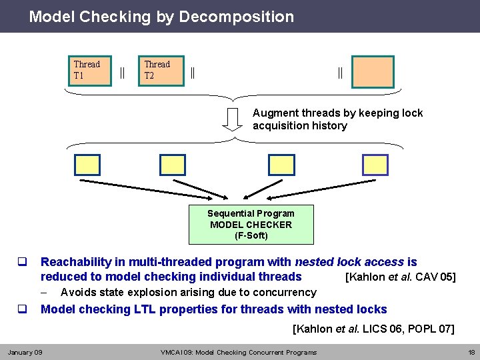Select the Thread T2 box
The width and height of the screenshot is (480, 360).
160,71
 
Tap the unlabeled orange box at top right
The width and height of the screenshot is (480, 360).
373,71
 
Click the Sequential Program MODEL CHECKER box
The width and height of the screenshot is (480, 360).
251,225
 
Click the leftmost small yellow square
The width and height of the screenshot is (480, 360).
87,165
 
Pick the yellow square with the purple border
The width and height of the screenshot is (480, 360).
374,165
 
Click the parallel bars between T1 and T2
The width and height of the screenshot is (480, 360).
122,71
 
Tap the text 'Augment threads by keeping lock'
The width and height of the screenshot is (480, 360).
337,113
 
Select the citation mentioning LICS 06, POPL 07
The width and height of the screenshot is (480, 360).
374,329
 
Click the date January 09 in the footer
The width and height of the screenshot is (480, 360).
25,352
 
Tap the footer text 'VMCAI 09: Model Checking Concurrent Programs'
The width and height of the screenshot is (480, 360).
239,352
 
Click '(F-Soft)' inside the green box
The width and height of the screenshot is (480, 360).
251,235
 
